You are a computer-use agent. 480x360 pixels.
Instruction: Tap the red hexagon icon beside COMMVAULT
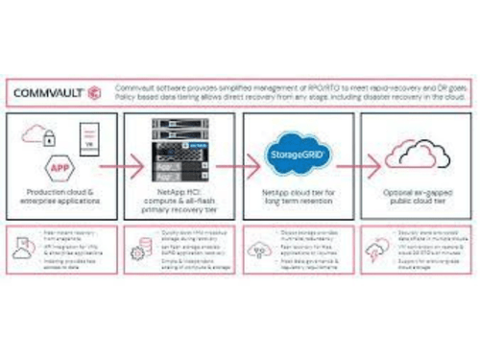[x=92, y=93]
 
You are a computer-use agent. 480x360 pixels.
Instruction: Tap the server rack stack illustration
[x=180, y=154]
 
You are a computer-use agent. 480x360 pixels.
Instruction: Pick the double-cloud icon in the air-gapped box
[x=414, y=154]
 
